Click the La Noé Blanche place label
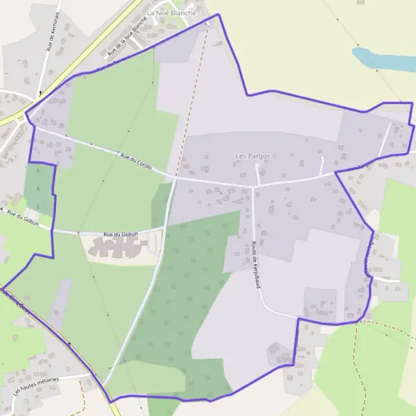[171, 12]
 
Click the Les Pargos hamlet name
[253, 156]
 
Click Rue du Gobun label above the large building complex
[121, 234]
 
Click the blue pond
[383, 59]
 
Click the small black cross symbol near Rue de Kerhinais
[40, 92]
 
